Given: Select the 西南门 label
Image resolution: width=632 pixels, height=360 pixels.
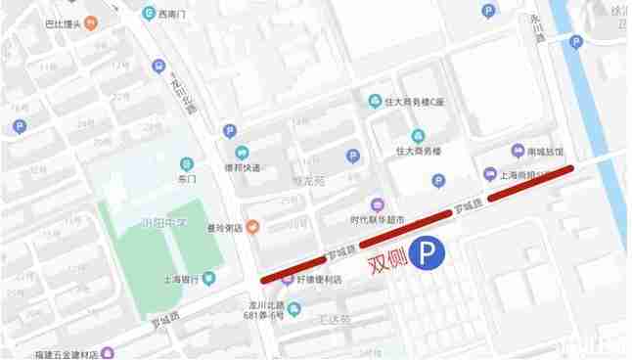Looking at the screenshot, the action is [x=175, y=14].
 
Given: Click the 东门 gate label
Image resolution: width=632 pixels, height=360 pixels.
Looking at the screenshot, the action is [x=188, y=180].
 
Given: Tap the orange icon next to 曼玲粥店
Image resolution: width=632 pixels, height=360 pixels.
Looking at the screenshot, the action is [x=252, y=227].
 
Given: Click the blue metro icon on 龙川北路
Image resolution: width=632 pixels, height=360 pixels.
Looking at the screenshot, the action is [x=159, y=67].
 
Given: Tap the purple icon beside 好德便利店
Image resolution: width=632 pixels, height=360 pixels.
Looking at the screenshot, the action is [x=288, y=279].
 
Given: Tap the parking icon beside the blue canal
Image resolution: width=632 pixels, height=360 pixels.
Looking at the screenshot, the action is [x=576, y=42].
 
